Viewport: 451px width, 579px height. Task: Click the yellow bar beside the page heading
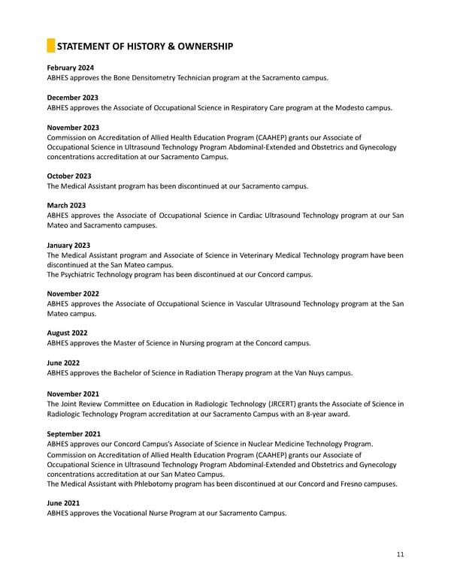50,47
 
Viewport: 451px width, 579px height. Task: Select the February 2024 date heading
70,68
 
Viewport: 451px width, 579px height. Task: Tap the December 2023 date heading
72,98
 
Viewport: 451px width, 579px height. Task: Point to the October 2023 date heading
69,176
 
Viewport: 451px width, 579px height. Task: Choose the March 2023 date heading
66,206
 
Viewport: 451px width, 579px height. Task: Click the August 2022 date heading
67,333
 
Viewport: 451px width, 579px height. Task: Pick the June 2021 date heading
63,503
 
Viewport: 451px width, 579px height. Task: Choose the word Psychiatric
81,275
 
